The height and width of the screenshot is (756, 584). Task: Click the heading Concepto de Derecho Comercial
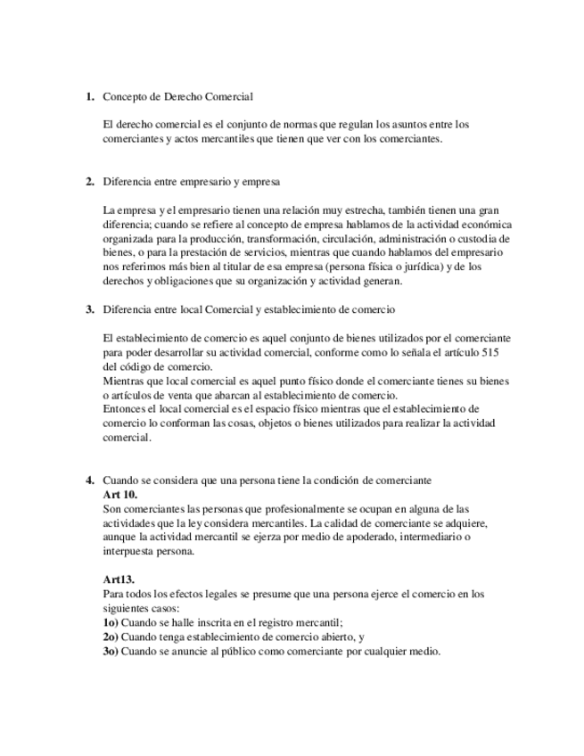[178, 96]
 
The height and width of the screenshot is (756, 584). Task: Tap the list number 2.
[89, 183]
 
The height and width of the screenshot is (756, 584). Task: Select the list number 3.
[89, 309]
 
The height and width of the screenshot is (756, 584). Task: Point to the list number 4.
[89, 480]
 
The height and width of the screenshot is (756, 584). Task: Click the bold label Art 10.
[120, 494]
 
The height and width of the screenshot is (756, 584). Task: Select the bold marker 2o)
[111, 637]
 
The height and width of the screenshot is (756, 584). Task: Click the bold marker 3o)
[111, 652]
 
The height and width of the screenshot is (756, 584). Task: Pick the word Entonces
[125, 409]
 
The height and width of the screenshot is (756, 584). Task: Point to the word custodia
[488, 239]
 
